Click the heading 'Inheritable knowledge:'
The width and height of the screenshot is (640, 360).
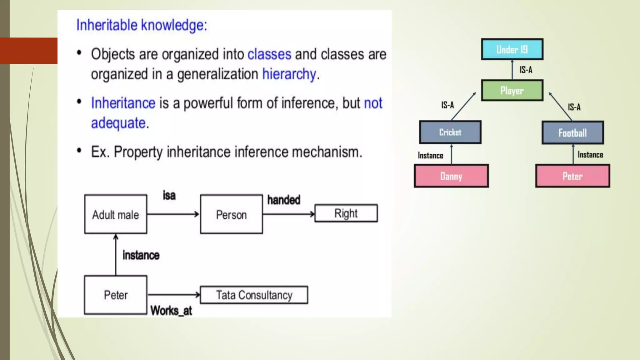click(x=142, y=25)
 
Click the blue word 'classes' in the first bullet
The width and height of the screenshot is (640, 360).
click(x=269, y=54)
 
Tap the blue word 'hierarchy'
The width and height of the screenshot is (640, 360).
click(x=289, y=74)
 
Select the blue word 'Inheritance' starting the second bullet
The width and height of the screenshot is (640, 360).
click(x=123, y=103)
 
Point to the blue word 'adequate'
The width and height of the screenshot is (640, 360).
click(x=118, y=123)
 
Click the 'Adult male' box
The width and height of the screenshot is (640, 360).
click(x=116, y=214)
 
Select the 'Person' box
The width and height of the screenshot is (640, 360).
click(x=231, y=214)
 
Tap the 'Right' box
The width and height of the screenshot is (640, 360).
click(x=346, y=213)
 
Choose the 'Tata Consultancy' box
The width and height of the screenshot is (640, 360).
click(x=254, y=295)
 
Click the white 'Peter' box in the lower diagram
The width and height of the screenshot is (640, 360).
click(x=116, y=295)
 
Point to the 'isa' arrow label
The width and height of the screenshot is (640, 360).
click(x=169, y=196)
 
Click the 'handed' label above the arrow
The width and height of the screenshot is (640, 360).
click(x=283, y=200)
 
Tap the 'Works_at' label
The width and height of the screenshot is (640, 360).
click(x=171, y=311)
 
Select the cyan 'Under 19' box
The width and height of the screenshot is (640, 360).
click(x=512, y=49)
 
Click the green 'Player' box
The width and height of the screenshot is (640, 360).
click(x=512, y=91)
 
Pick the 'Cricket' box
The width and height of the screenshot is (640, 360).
click(x=450, y=132)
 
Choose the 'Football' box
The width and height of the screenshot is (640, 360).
click(x=572, y=133)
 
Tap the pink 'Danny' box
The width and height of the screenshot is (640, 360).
click(x=451, y=176)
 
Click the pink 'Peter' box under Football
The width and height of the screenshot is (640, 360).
click(x=572, y=176)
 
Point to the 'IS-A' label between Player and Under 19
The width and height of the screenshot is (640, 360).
click(x=526, y=70)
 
